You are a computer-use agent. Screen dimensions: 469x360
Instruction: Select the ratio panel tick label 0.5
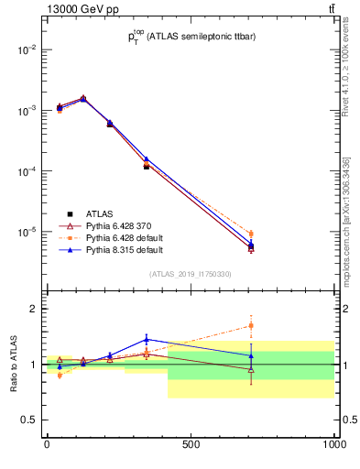point(28,420)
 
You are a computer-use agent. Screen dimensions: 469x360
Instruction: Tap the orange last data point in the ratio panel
point(251,325)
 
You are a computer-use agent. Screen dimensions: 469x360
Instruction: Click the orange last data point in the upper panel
point(251,234)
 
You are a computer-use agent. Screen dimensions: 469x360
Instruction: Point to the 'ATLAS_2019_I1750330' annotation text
point(191,274)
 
